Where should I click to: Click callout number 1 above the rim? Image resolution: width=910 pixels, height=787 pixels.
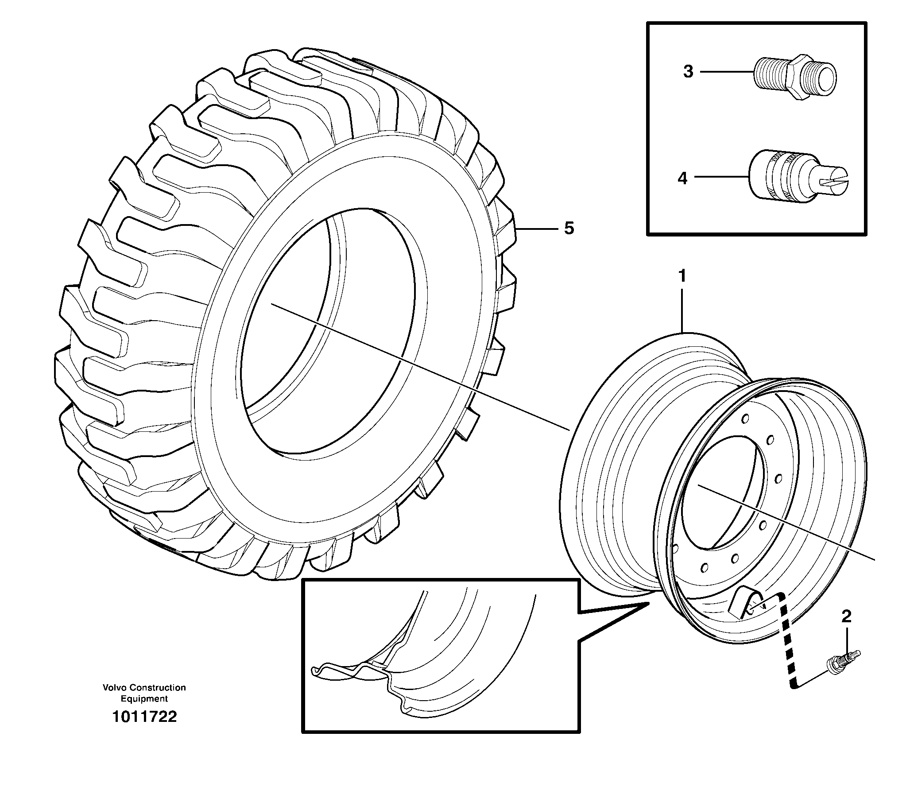tap(682, 277)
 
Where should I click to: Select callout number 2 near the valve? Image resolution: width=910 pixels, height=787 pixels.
tap(846, 616)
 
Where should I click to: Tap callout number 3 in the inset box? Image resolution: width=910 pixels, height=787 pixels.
tap(688, 72)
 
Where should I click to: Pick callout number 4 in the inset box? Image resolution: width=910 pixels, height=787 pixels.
tap(682, 178)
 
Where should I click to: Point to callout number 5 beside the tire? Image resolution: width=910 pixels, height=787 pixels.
tap(569, 229)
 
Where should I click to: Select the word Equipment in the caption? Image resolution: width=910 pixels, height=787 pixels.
tap(144, 699)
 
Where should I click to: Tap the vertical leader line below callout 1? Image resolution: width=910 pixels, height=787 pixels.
tap(682, 310)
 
